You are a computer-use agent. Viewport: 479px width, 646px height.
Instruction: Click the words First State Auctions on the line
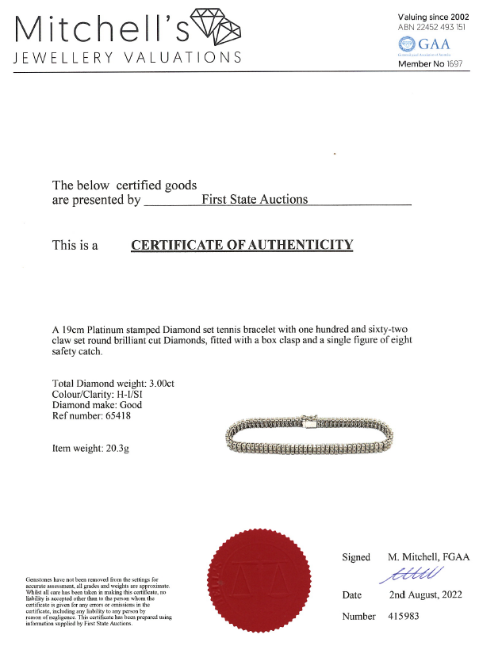255,200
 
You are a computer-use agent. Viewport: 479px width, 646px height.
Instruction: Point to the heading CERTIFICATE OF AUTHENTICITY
241,245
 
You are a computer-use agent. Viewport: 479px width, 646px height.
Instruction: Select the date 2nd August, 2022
425,594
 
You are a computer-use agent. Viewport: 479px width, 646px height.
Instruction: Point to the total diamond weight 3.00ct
158,384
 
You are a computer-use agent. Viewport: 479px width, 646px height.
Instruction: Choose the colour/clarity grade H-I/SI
140,394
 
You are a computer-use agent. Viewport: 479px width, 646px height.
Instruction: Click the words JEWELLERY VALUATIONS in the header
128,58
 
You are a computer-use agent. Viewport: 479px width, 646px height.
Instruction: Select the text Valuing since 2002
435,17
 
